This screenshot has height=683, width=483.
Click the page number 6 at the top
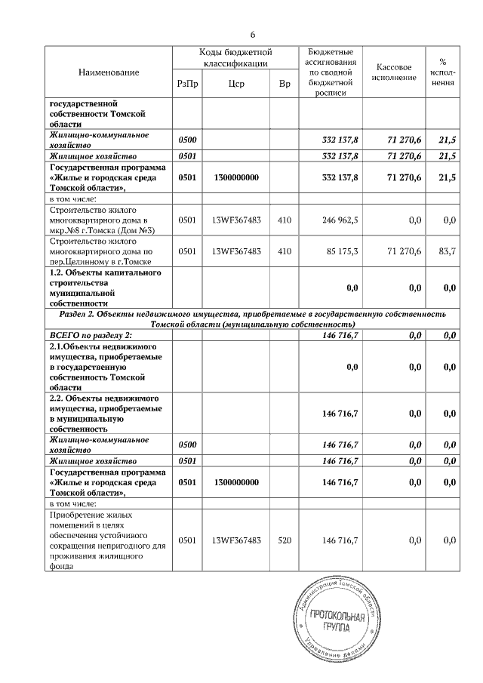pos(253,35)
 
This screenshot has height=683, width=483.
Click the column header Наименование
pos(109,72)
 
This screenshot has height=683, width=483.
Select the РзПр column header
pos(187,85)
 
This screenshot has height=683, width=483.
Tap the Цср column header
pos(235,85)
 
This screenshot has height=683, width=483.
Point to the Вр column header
pos(284,85)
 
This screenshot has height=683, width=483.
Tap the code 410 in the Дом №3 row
pos(284,220)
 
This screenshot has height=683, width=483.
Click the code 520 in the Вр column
pos(284,540)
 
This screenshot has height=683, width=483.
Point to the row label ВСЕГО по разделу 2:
pos(90,334)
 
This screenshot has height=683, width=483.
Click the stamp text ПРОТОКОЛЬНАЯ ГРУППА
pos(337,623)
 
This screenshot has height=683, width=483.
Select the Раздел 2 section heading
pos(251,318)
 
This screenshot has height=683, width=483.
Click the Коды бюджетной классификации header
pos(235,58)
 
